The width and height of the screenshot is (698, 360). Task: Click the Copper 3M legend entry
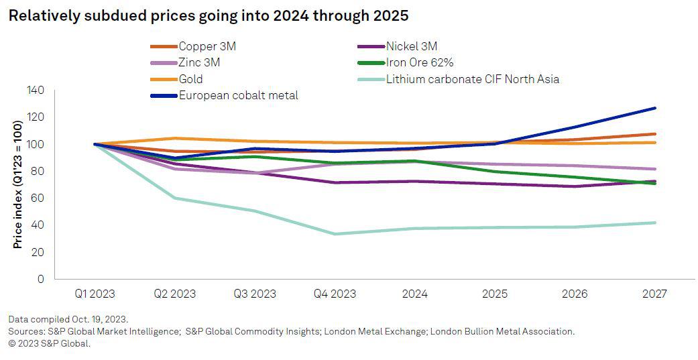(x=207, y=46)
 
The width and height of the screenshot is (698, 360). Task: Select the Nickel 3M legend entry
(x=411, y=46)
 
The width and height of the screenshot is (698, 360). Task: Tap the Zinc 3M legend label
(x=199, y=63)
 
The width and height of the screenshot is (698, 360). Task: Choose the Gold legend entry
(x=191, y=79)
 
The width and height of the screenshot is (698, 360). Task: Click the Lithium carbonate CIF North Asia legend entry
(x=472, y=79)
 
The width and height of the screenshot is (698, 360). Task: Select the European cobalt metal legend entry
(x=238, y=95)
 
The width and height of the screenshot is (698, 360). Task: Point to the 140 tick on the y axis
(x=34, y=91)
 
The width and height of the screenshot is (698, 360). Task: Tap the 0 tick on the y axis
(x=40, y=279)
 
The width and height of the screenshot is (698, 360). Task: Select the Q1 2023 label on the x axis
(x=95, y=294)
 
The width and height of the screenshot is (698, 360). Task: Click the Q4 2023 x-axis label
(x=335, y=294)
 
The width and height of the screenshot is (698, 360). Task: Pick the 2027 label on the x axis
(x=654, y=294)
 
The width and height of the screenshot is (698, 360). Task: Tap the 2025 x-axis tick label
(x=494, y=294)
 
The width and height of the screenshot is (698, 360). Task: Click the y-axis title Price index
(x=18, y=184)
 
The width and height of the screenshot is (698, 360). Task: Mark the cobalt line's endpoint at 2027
(x=654, y=108)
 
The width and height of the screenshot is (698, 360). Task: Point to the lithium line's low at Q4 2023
(x=335, y=234)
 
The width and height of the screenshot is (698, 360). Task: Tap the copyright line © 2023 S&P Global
(x=49, y=343)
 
